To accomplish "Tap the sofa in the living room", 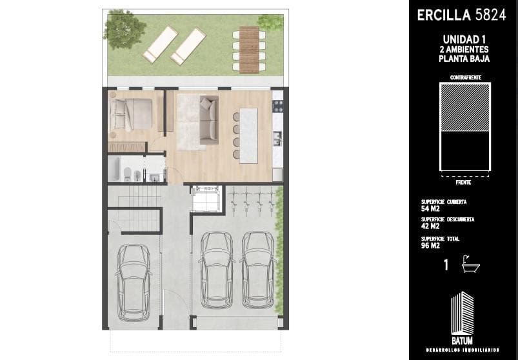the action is (x=209, y=120).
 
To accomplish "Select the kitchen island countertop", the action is (x=248, y=135).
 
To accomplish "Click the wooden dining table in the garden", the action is (x=249, y=50).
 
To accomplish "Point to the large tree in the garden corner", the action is (x=124, y=29).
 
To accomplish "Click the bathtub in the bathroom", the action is (x=114, y=168).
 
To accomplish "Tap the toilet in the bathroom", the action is (x=127, y=174).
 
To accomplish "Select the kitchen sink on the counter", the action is (x=277, y=138).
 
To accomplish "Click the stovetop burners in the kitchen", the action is (x=277, y=106).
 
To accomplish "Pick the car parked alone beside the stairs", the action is (x=134, y=283).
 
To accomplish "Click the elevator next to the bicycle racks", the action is (x=207, y=199).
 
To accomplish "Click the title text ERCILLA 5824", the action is (x=461, y=15).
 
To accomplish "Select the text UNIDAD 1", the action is (x=464, y=39).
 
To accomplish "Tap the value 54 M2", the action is (x=430, y=209).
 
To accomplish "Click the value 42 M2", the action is (x=430, y=226).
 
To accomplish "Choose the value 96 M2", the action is (x=430, y=246).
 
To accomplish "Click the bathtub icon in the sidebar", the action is (x=471, y=265).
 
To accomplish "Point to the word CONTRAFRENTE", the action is (x=466, y=77).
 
